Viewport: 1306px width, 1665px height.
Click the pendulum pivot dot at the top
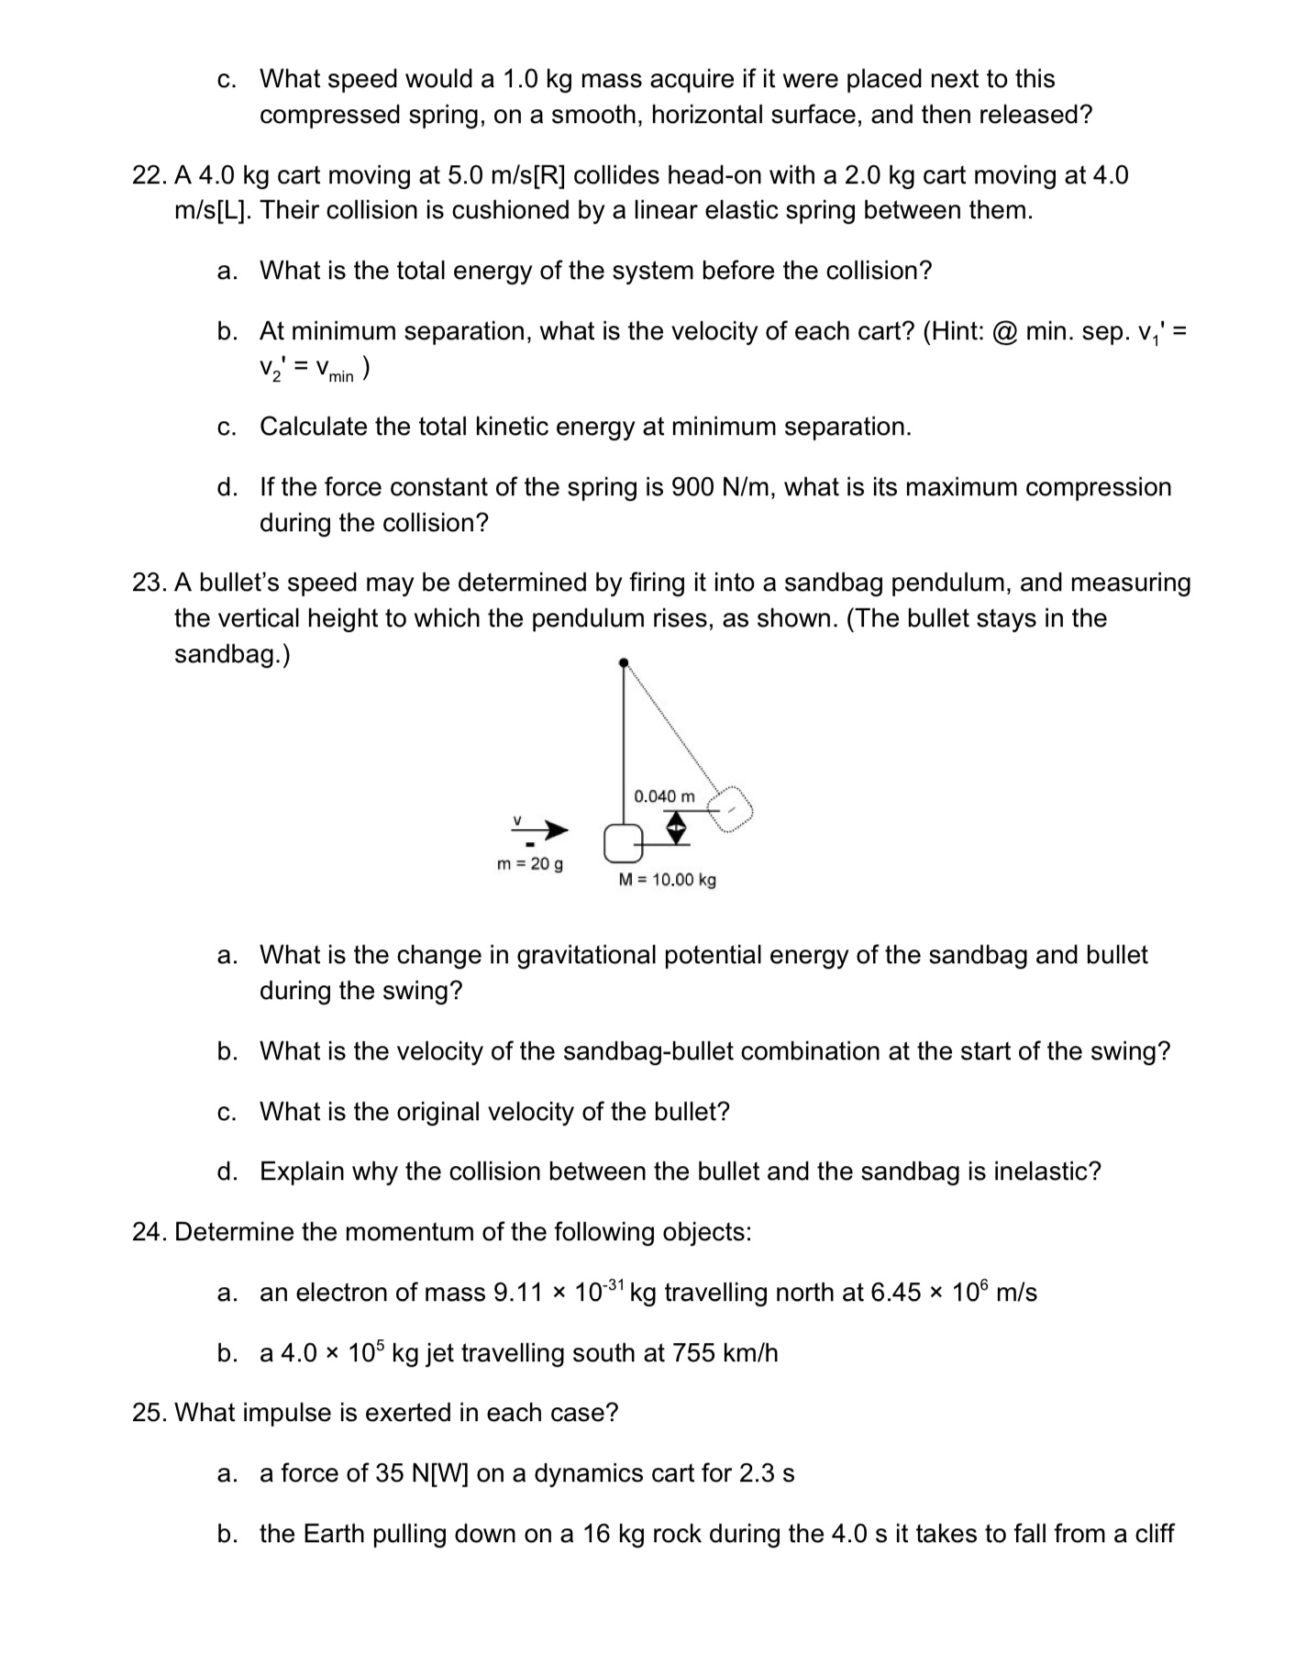click(624, 661)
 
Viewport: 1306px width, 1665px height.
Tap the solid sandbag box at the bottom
click(623, 842)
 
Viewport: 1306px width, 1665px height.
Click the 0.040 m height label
click(664, 795)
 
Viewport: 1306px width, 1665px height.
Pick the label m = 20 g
click(530, 864)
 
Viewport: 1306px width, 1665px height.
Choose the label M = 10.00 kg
click(668, 880)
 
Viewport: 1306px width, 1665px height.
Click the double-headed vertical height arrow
click(675, 829)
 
